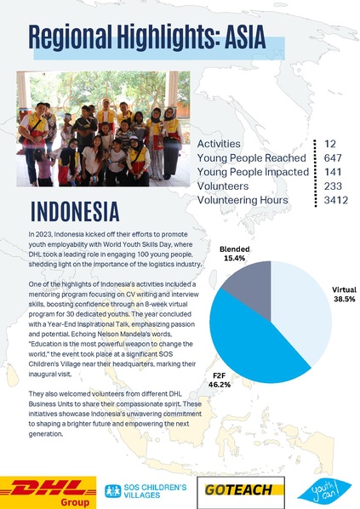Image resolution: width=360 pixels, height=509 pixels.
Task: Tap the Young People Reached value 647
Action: pos(334,158)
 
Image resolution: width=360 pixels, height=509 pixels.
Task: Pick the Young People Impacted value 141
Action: pos(334,172)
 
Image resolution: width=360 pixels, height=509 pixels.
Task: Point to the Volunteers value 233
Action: pos(334,186)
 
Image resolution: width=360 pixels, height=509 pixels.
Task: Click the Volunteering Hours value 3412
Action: pos(336,200)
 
